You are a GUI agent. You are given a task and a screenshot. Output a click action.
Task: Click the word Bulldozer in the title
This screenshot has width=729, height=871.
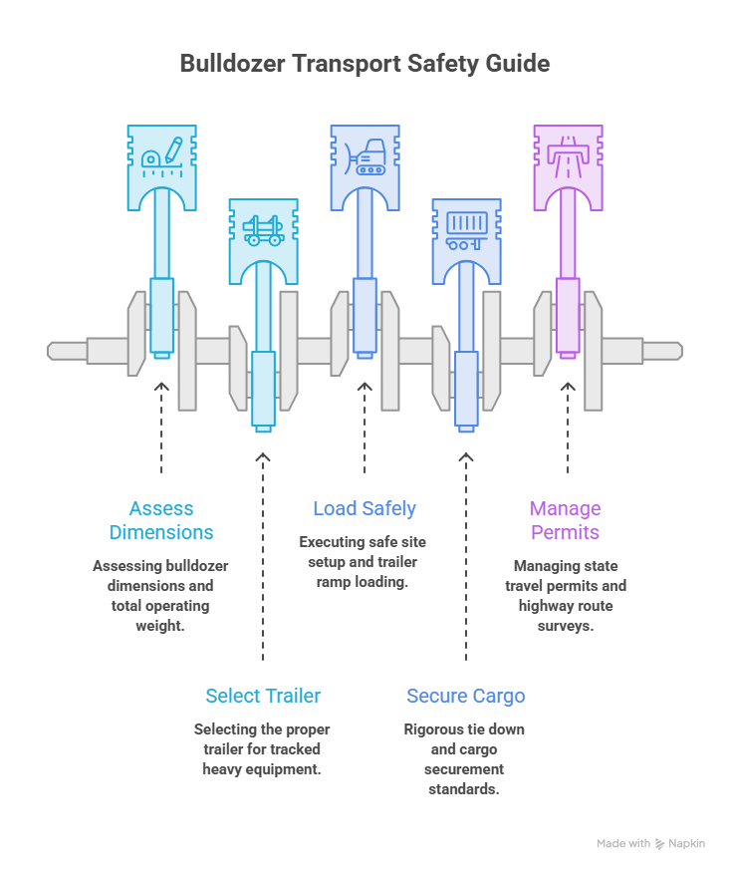tap(233, 64)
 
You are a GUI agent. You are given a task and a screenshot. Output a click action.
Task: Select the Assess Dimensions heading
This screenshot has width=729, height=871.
tap(161, 520)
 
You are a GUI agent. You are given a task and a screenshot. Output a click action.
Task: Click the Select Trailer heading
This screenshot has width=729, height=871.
tap(263, 696)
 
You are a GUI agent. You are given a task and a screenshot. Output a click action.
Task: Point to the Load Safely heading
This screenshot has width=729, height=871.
tap(364, 508)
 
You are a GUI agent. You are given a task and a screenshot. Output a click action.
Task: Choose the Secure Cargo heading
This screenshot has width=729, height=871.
tap(466, 696)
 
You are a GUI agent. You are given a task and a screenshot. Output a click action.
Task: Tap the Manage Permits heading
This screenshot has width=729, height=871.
tap(566, 520)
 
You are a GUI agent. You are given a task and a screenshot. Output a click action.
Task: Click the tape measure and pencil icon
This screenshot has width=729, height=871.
tap(162, 157)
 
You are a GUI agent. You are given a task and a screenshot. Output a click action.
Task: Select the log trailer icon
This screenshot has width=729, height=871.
tap(264, 230)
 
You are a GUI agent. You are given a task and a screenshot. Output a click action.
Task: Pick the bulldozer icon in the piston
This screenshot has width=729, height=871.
tap(364, 156)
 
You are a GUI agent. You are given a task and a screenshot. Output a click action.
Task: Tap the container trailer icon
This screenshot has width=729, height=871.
tap(467, 231)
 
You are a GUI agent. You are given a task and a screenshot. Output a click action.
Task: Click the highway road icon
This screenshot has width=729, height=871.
tap(568, 157)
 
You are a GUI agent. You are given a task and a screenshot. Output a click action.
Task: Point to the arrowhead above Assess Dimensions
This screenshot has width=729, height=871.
tap(161, 386)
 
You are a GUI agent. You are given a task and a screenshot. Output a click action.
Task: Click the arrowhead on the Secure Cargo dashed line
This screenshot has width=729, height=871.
tap(466, 457)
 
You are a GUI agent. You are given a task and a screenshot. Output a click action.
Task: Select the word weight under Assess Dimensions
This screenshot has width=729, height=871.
tap(160, 626)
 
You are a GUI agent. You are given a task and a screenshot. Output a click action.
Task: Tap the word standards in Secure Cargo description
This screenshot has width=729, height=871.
tap(464, 789)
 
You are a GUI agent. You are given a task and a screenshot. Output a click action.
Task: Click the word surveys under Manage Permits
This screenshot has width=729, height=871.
tap(566, 626)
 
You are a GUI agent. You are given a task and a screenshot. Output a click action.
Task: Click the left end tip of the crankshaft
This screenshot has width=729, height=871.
tap(48, 351)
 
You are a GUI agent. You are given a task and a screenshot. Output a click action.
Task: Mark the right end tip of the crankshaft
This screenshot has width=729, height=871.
tap(682, 351)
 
